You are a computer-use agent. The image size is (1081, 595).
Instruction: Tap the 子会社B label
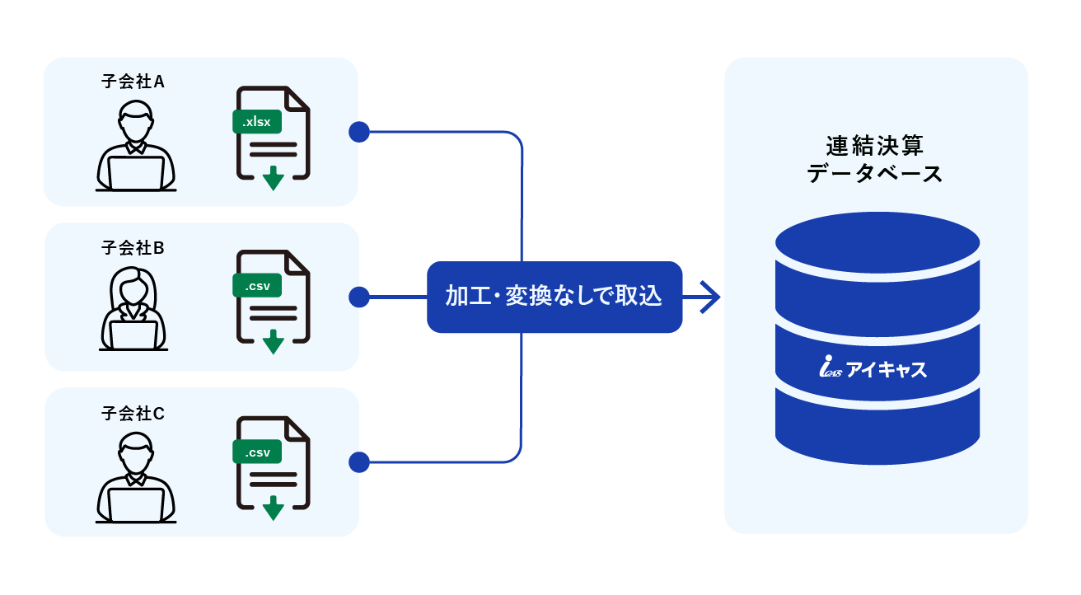coord(133,246)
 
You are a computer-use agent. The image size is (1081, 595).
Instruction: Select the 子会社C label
coord(133,413)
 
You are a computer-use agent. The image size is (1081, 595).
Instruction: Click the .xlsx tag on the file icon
coord(257,122)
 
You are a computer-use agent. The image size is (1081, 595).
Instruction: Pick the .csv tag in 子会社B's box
coord(257,287)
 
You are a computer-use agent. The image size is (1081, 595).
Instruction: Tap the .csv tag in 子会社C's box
coord(257,452)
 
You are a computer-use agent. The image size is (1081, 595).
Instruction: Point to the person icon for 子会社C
coord(136,477)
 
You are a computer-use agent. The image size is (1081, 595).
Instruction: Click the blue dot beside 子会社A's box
coord(359,132)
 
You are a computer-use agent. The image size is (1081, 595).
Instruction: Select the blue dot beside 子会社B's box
coord(359,297)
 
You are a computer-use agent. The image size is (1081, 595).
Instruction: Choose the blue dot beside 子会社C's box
coord(359,462)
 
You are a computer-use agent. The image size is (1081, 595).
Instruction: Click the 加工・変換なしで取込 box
coord(554,297)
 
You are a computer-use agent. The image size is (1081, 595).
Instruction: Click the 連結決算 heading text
coord(875,147)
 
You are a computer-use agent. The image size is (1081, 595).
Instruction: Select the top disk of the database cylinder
coord(877,245)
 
